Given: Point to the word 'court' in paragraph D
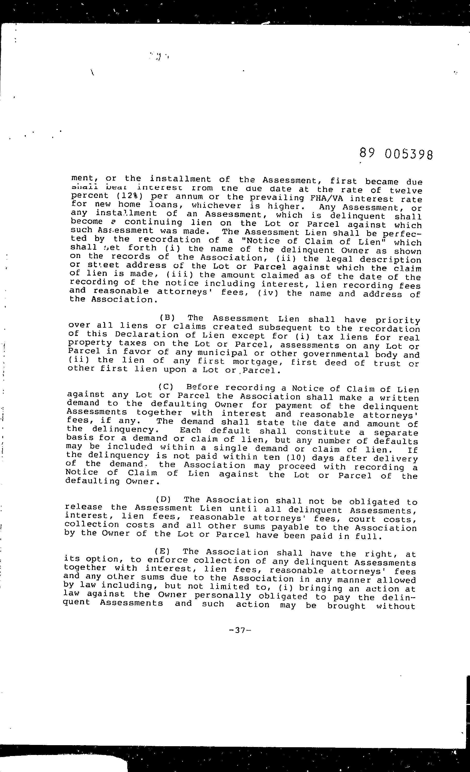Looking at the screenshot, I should click(362, 519).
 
